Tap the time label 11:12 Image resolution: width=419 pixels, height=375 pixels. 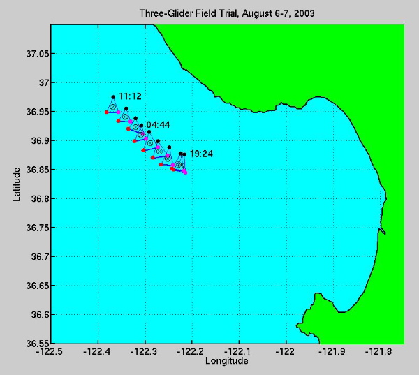pyautogui.click(x=131, y=96)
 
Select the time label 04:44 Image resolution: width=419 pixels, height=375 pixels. pyautogui.click(x=158, y=124)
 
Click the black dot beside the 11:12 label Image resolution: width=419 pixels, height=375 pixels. pyautogui.click(x=113, y=97)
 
